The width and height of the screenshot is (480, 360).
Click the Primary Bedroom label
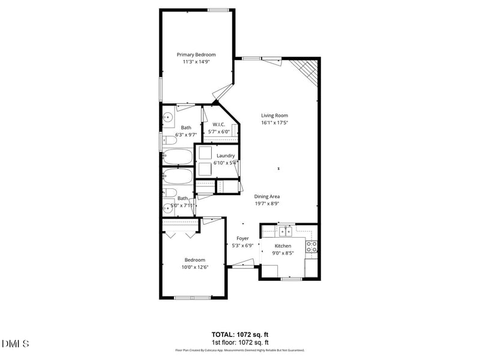[196, 55]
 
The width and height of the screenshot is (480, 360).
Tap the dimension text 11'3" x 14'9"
[196, 62]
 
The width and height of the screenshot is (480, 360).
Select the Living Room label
[274, 115]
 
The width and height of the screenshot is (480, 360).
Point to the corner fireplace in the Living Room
[305, 71]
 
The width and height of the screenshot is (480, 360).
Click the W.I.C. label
[218, 124]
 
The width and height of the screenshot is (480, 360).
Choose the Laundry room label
[226, 155]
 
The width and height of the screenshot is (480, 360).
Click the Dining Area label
[267, 196]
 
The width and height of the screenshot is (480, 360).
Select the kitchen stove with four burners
[311, 245]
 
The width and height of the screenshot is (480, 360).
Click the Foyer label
[242, 238]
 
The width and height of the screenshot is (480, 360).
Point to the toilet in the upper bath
[170, 140]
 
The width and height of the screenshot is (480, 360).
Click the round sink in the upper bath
[169, 117]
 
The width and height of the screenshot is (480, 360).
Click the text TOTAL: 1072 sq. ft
[240, 334]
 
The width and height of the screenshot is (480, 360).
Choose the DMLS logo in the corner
[16, 344]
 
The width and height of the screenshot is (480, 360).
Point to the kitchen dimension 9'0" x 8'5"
[283, 253]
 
